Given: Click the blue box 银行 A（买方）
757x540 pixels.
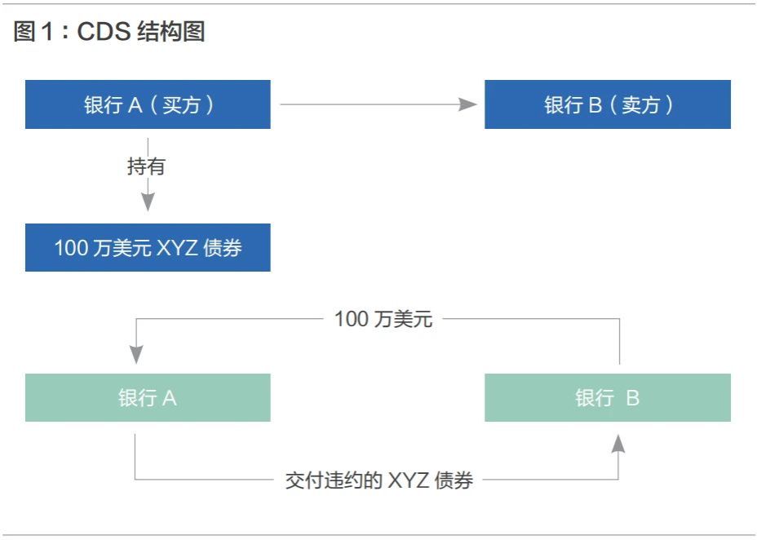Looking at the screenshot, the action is (148, 104).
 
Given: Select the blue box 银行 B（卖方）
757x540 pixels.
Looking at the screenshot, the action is (608, 104).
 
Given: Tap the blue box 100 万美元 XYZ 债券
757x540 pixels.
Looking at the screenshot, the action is (148, 247).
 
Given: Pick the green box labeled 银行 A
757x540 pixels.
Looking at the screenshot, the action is (148, 397).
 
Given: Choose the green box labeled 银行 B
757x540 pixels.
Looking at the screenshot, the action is (608, 397).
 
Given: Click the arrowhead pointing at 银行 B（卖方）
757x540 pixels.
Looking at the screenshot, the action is (467, 104).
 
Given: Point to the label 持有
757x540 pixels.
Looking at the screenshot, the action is (146, 166).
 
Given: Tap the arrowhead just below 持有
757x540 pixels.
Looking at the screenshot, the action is (148, 202).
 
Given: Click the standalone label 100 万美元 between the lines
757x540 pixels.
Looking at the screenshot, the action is (383, 319).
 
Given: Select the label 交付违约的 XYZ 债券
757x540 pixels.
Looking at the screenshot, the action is (379, 480).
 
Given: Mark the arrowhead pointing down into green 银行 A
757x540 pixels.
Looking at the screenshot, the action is (136, 355).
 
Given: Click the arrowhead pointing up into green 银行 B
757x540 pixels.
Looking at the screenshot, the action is (618, 444).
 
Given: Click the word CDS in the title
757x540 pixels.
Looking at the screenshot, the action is (104, 31).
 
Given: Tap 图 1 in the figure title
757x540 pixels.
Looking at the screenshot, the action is (33, 31).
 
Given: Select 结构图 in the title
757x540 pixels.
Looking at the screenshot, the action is (171, 31).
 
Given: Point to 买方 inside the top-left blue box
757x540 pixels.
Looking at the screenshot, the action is (182, 104).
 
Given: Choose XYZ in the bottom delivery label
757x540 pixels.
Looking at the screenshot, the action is (409, 480).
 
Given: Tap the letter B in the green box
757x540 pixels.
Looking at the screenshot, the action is (632, 398).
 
